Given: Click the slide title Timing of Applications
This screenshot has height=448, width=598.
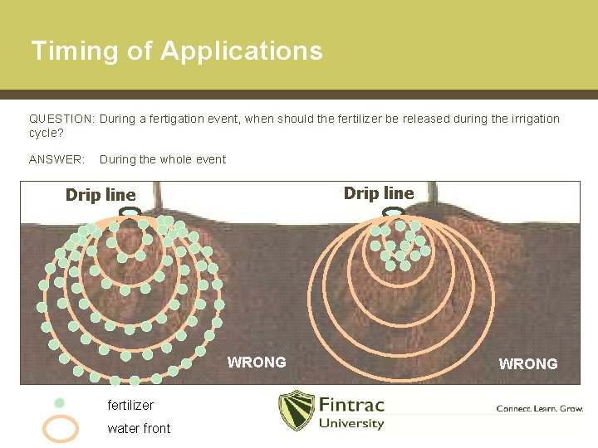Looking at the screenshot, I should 176,51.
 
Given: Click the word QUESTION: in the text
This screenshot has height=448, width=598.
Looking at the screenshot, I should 61,119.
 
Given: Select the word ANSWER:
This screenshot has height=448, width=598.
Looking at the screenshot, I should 56,159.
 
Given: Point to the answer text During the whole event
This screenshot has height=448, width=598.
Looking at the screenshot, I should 162,159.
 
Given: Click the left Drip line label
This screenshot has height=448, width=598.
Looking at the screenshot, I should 100,195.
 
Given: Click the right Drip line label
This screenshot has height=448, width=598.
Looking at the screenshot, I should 379,193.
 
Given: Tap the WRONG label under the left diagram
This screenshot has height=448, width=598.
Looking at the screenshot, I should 257,363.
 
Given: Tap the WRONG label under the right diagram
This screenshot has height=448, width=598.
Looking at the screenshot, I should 528,363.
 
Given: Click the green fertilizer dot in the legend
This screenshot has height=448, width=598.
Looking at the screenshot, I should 60,403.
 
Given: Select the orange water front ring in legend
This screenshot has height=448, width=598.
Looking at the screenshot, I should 61,428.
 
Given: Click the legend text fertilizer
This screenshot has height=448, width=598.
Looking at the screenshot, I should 130,406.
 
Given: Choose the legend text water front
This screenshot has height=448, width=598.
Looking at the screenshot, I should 139,428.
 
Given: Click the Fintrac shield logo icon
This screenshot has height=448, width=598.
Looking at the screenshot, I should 295,411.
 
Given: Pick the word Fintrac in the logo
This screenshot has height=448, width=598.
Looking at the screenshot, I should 351,406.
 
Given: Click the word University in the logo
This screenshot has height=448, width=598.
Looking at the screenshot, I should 351,424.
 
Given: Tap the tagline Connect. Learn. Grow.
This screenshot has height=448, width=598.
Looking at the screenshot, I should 539,408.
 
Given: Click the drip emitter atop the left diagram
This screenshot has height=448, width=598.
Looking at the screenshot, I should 130,213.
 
